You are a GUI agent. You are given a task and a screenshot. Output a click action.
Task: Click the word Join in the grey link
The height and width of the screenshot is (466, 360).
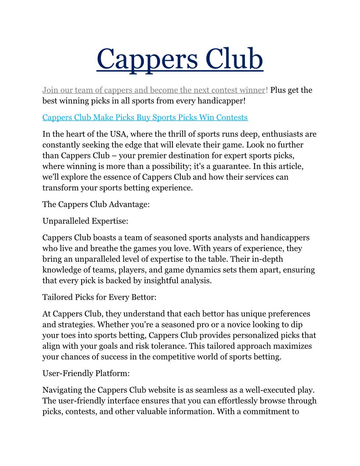(50, 90)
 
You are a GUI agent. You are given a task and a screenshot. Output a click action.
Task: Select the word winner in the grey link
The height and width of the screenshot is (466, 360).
(252, 90)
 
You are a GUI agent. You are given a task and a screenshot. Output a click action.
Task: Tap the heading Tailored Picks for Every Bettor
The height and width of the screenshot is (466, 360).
(99, 297)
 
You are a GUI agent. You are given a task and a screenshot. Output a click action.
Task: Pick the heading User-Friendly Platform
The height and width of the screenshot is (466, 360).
(86, 373)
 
